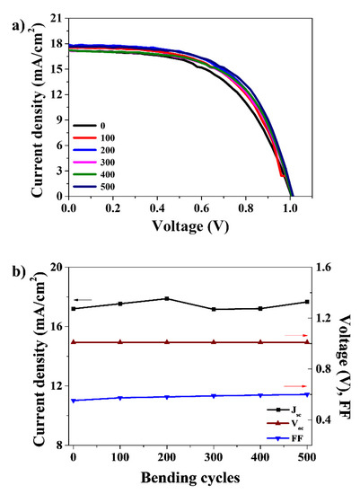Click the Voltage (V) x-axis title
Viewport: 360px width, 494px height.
pyautogui.click(x=187, y=228)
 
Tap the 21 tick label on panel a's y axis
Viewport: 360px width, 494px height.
pyautogui.click(x=57, y=18)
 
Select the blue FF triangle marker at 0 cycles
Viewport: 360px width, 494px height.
pyautogui.click(x=73, y=401)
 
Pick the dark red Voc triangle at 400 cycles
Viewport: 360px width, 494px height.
pyautogui.click(x=260, y=342)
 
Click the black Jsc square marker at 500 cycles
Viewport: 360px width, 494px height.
pyautogui.click(x=307, y=302)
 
